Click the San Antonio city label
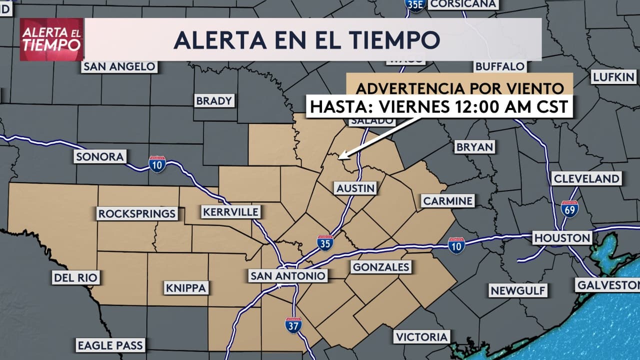click(288, 275)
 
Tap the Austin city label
click(355, 188)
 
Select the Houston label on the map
click(562, 237)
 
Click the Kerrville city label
click(231, 212)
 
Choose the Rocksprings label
click(137, 214)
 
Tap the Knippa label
click(185, 288)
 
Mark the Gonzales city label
click(381, 267)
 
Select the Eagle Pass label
click(110, 345)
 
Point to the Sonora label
click(99, 156)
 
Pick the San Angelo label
click(119, 66)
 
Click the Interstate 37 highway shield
click(293, 325)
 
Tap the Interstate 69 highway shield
click(569, 208)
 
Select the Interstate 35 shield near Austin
click(325, 243)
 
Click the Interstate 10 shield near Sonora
click(157, 163)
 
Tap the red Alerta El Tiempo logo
click(51, 39)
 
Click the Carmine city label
click(447, 201)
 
